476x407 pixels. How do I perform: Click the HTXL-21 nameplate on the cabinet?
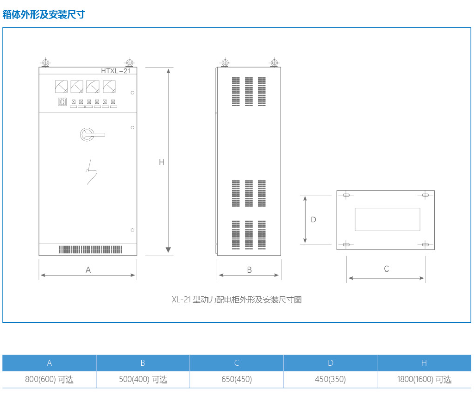(116, 71)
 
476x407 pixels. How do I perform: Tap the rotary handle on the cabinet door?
(88, 134)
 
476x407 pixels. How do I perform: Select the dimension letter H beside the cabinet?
(162, 162)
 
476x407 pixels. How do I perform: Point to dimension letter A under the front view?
(88, 269)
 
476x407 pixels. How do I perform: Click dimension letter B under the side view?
(249, 270)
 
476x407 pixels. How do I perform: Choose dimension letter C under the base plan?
(387, 269)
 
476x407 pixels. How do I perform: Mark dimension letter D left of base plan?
(313, 219)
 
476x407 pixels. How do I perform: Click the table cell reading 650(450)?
(237, 380)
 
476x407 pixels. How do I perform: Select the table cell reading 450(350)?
(330, 380)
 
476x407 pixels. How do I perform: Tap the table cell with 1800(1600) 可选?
(424, 380)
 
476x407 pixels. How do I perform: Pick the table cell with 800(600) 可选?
(50, 380)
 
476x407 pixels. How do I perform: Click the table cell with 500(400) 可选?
(143, 380)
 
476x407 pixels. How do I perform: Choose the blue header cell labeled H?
(424, 363)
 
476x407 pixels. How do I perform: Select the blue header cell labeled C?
(237, 363)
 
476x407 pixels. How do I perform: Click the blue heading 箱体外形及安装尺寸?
(44, 14)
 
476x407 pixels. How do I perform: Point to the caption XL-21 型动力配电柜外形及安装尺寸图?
(237, 300)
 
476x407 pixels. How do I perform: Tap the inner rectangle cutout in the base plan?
(388, 219)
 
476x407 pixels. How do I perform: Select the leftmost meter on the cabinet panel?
(61, 86)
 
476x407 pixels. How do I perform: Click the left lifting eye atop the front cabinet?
(45, 63)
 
